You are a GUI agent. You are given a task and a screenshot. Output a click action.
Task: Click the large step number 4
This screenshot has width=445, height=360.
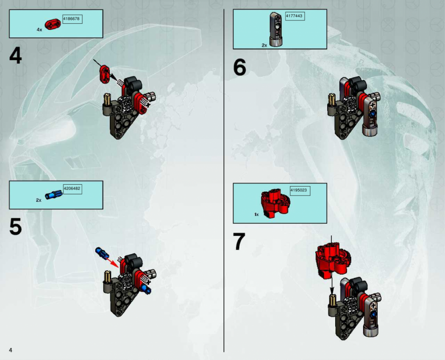click(x=15, y=55)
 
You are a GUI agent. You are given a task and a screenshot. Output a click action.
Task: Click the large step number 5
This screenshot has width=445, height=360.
click(x=15, y=227)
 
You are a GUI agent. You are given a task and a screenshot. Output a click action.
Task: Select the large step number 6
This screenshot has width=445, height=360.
click(x=240, y=68)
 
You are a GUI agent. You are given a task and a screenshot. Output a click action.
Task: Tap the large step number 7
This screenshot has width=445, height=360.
click(x=239, y=241)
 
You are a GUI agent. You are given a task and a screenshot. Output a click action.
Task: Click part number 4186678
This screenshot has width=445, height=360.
click(x=71, y=19)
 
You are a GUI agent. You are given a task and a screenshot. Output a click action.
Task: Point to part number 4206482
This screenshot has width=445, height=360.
click(x=72, y=189)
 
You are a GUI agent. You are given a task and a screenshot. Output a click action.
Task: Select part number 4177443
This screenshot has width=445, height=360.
click(x=294, y=16)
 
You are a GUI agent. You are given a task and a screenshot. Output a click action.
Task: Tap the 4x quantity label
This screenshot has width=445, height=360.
click(x=39, y=29)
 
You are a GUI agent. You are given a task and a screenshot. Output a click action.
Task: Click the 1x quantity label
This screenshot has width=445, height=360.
click(x=257, y=215)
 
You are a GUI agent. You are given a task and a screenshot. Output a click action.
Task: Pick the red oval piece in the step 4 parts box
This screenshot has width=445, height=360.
click(x=53, y=24)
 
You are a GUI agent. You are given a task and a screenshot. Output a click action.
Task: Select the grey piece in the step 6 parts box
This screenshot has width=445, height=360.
click(x=276, y=29)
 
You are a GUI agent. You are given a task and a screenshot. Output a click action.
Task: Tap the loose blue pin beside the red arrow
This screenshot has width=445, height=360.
click(x=102, y=253)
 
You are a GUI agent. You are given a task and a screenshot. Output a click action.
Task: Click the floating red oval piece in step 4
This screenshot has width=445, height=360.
click(x=105, y=74)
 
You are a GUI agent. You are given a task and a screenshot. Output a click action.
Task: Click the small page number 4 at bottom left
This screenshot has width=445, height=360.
click(x=10, y=350)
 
